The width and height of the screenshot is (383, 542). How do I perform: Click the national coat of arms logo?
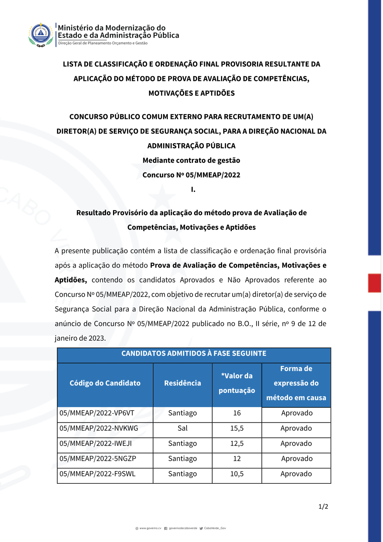(x=41, y=34)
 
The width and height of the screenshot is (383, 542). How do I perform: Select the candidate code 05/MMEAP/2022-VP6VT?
(x=97, y=413)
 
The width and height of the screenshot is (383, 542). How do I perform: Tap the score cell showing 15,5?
(x=237, y=428)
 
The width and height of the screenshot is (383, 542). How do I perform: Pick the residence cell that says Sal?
(x=182, y=428)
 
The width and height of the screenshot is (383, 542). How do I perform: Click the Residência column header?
(x=182, y=383)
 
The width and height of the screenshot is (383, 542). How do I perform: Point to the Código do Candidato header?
(x=105, y=383)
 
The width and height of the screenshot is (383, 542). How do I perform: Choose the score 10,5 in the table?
(x=237, y=474)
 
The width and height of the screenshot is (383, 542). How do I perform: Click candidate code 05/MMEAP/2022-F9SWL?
(x=97, y=474)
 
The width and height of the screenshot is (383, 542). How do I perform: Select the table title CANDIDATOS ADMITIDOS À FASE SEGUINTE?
(x=194, y=353)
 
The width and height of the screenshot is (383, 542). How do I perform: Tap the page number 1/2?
(x=323, y=506)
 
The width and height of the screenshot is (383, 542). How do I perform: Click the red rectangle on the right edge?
(x=374, y=283)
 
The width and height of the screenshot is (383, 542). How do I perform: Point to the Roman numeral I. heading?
(x=193, y=189)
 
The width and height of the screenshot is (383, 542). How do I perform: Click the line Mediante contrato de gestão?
(x=191, y=160)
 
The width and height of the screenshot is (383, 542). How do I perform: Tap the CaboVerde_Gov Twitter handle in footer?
(x=215, y=528)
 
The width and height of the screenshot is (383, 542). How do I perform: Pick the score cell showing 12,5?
(x=237, y=443)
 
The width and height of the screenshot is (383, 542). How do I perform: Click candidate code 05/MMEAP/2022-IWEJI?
(x=95, y=443)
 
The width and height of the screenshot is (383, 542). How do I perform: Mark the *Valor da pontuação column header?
(x=237, y=383)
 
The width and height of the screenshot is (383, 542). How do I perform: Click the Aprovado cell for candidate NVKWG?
(x=296, y=428)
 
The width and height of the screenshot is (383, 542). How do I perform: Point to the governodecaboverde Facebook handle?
(x=183, y=528)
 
